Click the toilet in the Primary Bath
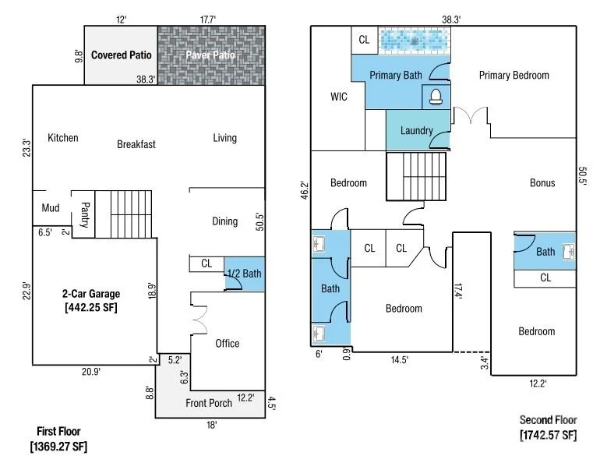coord(436,97)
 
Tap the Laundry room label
coord(417,130)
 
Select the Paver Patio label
coord(210,55)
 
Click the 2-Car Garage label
coord(91,294)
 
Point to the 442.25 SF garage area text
coord(91,307)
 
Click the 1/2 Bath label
coord(244,274)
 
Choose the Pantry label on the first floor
coord(85,214)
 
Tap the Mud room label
coord(51,208)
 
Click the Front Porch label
coord(209,403)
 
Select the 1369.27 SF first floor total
coord(58,447)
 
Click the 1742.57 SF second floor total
coord(548,435)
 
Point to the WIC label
coord(339,97)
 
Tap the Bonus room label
coord(542,182)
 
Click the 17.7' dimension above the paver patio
coord(208,19)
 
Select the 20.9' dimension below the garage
coord(91,372)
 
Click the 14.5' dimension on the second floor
coord(400,359)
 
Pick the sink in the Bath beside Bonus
coord(569,252)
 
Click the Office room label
coord(228,343)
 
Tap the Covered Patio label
coord(122,55)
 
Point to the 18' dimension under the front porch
coord(212,425)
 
